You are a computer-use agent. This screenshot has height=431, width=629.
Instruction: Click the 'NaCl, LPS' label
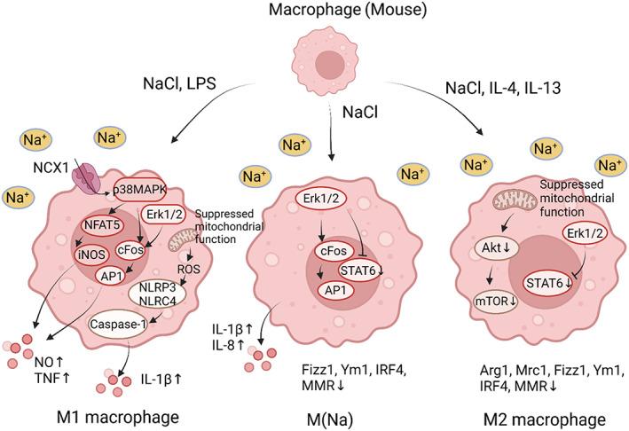[180, 85]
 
